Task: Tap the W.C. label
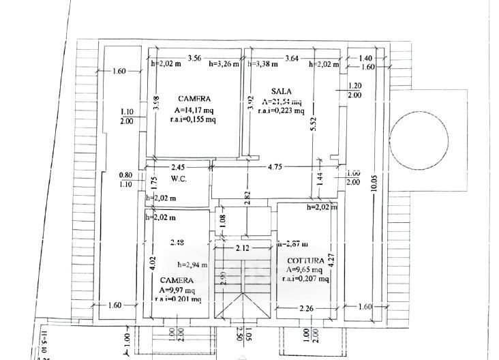tap(179, 179)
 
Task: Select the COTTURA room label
tap(305, 260)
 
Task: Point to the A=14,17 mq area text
tap(194, 109)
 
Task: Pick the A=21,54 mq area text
tap(281, 102)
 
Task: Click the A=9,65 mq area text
tap(306, 269)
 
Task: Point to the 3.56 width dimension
tap(194, 57)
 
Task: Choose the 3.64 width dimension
tap(292, 57)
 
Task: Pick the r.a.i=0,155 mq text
tap(194, 119)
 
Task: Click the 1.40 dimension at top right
tap(365, 59)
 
